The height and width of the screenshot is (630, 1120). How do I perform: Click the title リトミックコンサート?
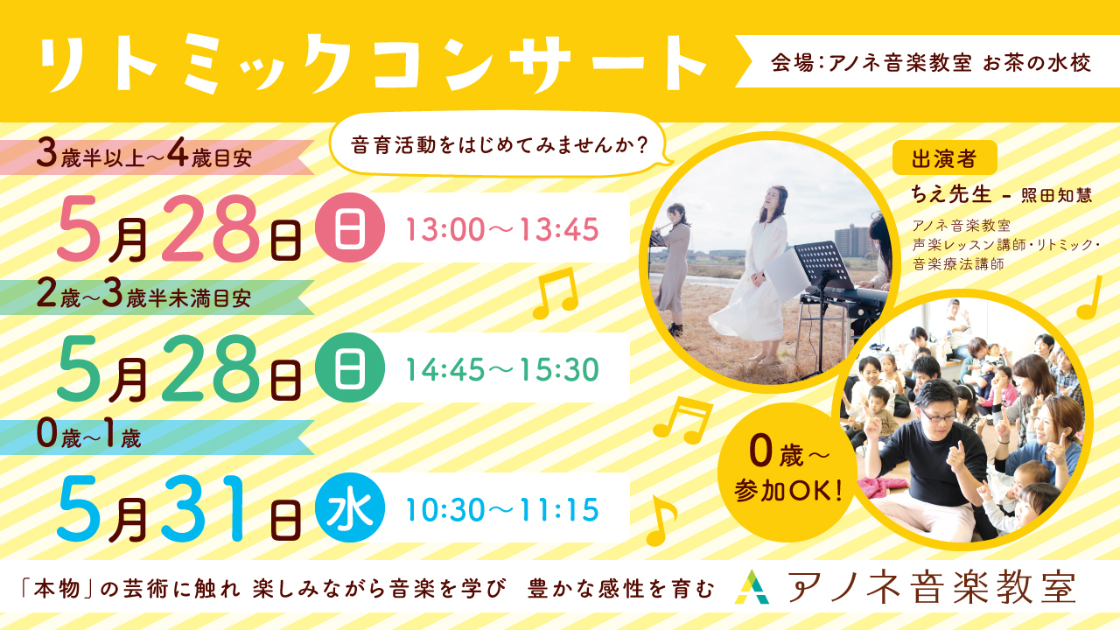click(373, 64)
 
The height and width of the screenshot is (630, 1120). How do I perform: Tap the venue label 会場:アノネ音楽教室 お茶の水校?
click(930, 63)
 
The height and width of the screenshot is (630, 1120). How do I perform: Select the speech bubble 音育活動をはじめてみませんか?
click(500, 145)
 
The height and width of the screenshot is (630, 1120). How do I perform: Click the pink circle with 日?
click(349, 227)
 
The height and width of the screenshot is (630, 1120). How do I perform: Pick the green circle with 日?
click(349, 367)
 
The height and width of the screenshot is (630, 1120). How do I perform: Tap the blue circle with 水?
click(349, 507)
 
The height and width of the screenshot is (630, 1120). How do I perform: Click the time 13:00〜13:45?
click(502, 229)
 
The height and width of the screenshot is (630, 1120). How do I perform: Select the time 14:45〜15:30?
click(502, 369)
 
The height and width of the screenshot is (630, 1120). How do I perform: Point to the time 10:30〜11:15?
click(502, 509)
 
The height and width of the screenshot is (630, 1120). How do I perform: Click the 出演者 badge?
click(944, 158)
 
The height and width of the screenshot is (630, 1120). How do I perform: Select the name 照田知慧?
click(1056, 195)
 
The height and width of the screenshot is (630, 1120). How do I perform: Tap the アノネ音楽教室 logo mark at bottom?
click(752, 587)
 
